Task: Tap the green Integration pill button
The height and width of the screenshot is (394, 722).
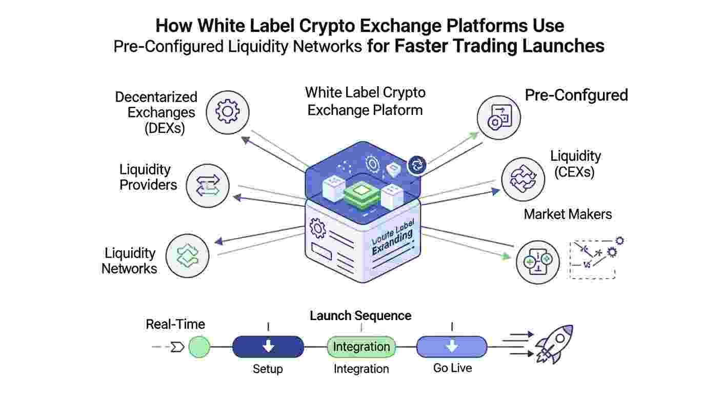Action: [362, 347]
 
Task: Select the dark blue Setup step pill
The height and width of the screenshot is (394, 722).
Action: [268, 347]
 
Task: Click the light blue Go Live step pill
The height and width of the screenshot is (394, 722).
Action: [451, 347]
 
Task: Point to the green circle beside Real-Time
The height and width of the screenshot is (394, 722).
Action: [199, 347]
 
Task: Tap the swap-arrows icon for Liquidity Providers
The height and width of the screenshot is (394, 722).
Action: [208, 185]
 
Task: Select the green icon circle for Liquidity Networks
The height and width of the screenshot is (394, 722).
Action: [188, 256]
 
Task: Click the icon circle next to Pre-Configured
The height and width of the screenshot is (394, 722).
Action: [498, 117]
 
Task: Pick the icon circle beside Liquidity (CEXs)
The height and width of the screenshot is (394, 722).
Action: [523, 179]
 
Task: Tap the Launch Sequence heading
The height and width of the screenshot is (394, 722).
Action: [360, 316]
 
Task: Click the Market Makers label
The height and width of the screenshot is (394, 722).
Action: [568, 214]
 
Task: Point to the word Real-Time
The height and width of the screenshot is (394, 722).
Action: [175, 324]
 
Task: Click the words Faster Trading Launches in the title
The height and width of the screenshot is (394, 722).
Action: [499, 46]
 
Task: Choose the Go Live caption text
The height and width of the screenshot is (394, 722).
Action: [452, 368]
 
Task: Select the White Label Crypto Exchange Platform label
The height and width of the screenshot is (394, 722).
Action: [365, 101]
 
